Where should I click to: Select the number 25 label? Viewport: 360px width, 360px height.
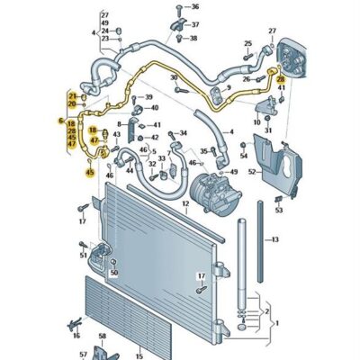pos(248,43)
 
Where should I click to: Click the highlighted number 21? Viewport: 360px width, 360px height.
pos(72,95)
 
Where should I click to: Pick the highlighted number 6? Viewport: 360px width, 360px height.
pos(61,121)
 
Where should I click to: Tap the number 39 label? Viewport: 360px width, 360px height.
pos(148,97)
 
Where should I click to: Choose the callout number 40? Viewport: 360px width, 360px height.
pos(156,112)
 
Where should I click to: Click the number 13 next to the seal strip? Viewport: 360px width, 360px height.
pos(275,239)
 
